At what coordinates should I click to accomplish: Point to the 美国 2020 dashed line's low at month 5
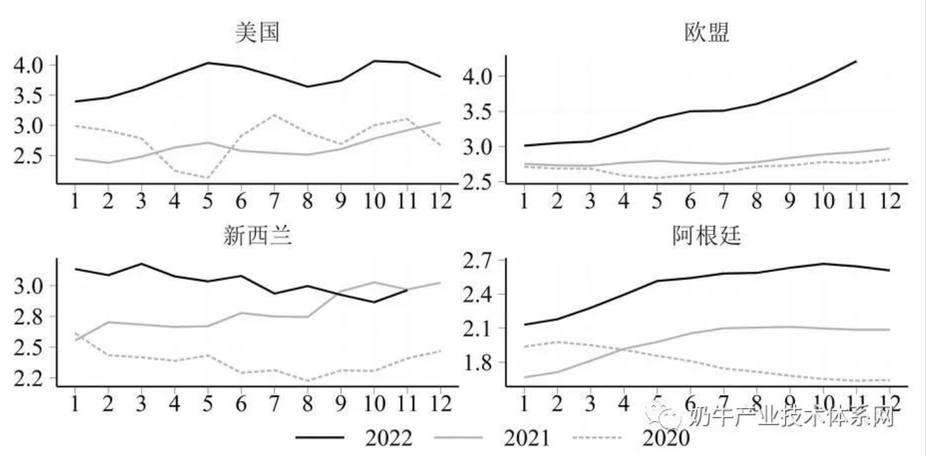coord(207,178)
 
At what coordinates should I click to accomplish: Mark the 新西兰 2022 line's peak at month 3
coord(141,264)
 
